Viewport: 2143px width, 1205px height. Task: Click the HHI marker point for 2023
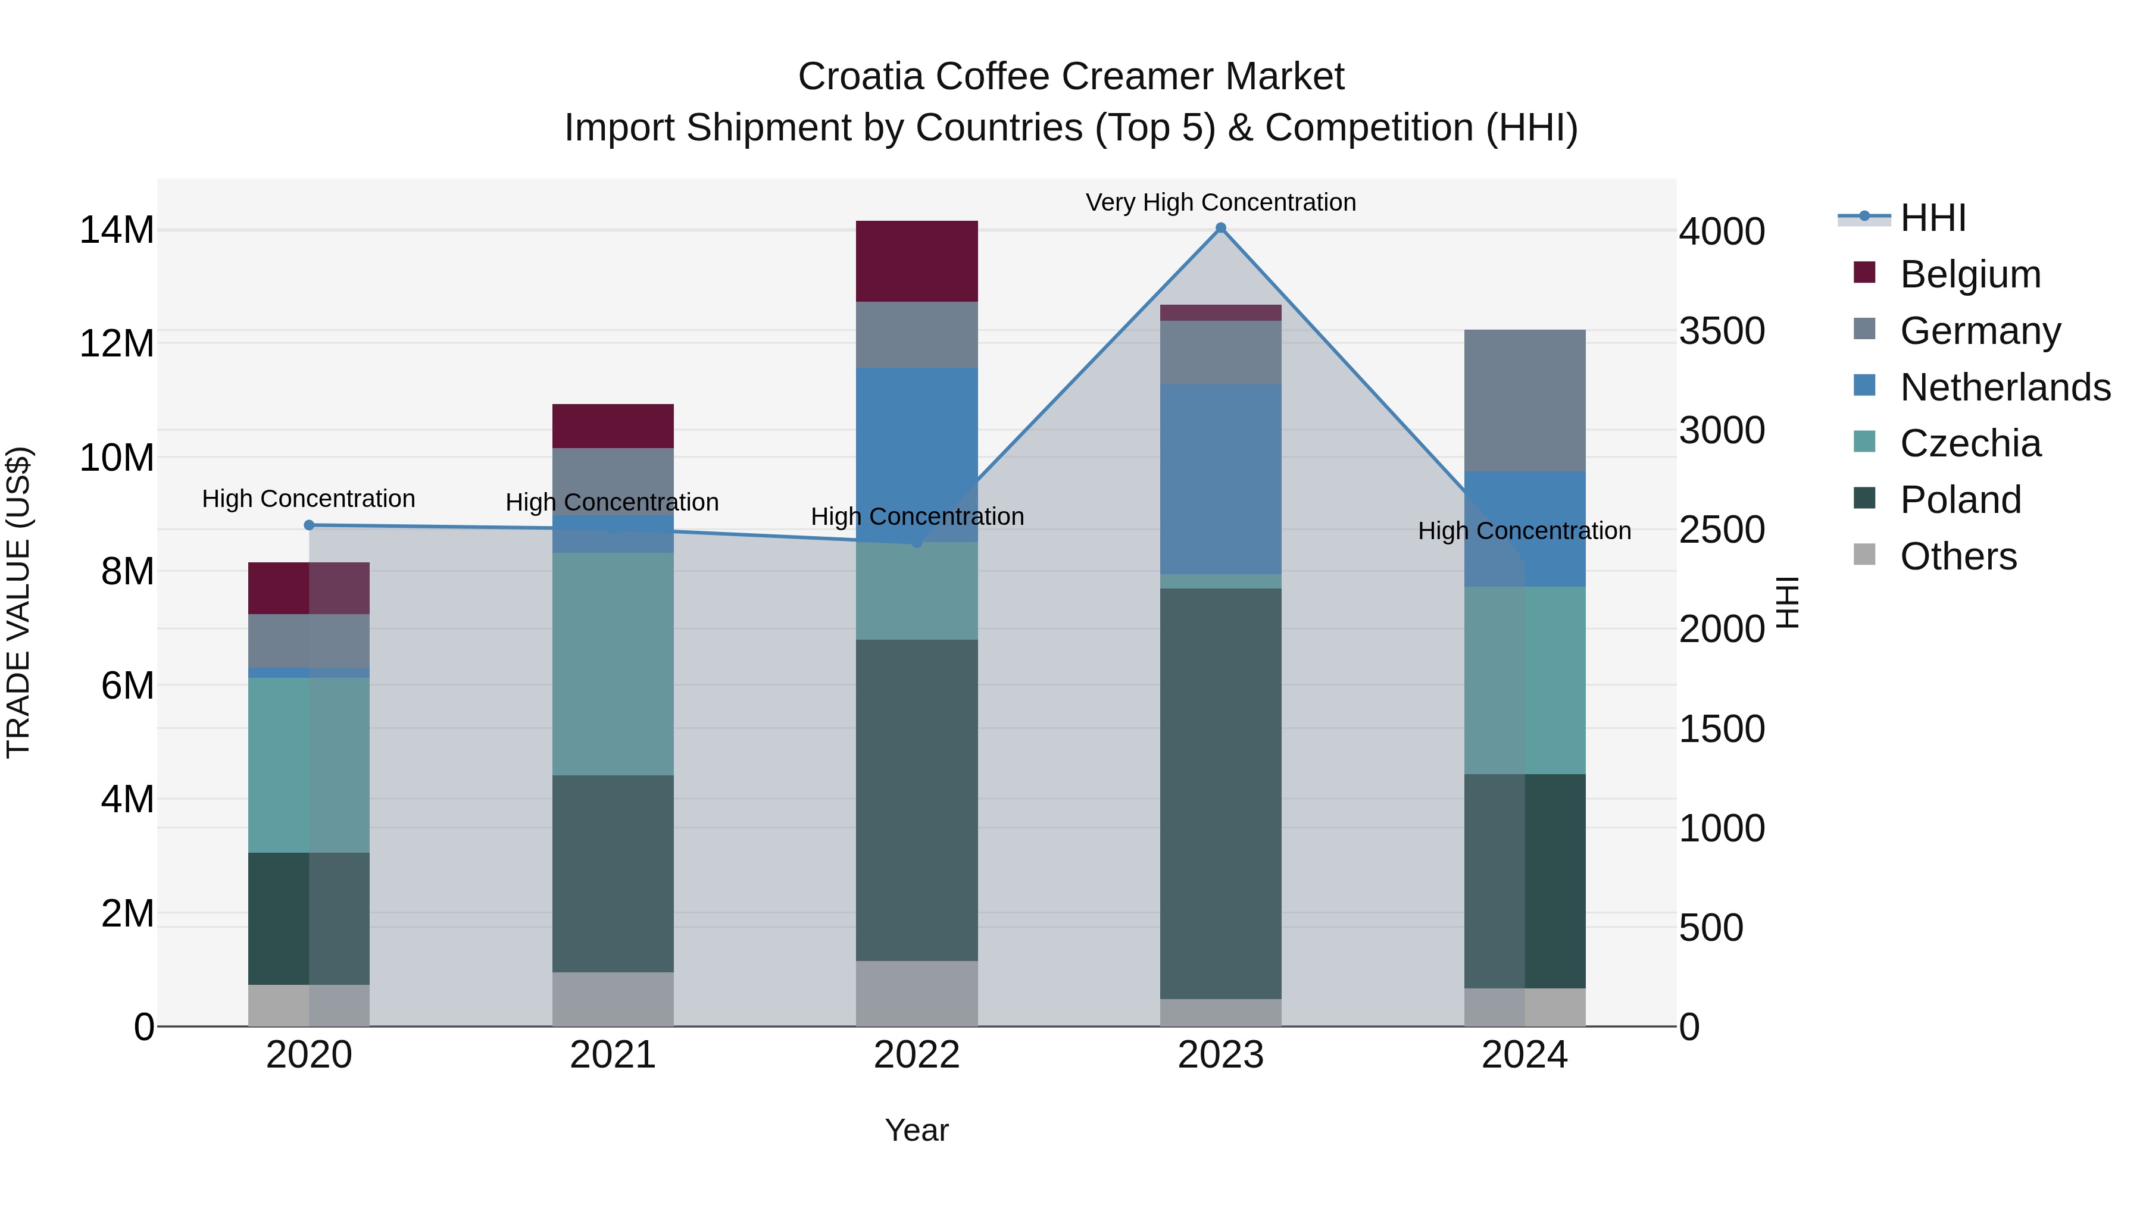[1220, 228]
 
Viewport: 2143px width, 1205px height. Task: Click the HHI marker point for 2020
[308, 525]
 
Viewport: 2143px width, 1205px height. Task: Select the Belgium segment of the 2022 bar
[917, 261]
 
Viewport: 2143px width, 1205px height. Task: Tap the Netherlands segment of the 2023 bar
[1220, 478]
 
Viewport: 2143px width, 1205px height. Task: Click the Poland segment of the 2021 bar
[613, 873]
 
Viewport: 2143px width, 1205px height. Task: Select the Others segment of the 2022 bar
[917, 993]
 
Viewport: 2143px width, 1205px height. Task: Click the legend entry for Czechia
[1970, 443]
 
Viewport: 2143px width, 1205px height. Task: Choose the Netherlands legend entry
[2005, 387]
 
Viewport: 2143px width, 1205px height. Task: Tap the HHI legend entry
[1932, 218]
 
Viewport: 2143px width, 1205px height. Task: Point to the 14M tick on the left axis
[117, 230]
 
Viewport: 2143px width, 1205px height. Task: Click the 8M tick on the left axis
[127, 572]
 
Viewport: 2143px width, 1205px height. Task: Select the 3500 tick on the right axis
[1721, 331]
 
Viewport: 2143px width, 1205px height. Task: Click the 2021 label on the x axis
[613, 1055]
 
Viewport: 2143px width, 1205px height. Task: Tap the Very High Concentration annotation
[1220, 202]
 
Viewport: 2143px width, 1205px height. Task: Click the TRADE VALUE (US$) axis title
[18, 602]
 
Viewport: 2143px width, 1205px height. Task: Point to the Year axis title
[917, 1130]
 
